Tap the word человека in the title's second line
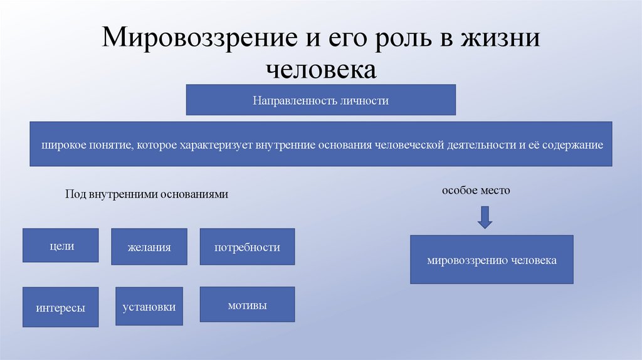coord(321,69)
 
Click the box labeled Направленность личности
coord(320,100)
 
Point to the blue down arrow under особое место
coord(485,217)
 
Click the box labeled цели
coord(61,246)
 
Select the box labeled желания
coord(149,247)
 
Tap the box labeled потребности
coord(247,247)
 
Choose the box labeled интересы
coord(61,307)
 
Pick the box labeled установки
coord(149,307)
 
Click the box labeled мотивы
coord(247,305)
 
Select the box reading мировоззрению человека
coord(492,260)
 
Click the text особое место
coord(476,190)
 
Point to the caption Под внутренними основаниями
coord(147,194)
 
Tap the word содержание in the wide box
coord(572,145)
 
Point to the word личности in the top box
coord(365,100)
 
